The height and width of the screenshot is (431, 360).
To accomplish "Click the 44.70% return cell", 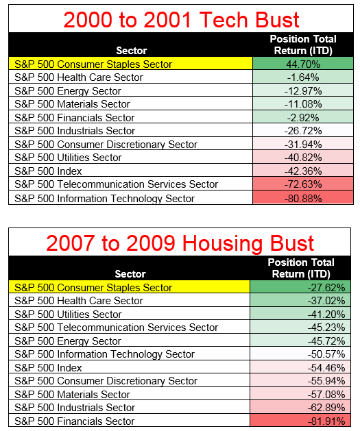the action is (x=303, y=64).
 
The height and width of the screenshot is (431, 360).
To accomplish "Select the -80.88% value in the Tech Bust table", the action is (x=303, y=198).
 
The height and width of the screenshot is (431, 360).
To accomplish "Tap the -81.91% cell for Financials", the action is (x=300, y=421).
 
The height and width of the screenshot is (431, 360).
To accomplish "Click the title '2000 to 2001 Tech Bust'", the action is (x=181, y=20).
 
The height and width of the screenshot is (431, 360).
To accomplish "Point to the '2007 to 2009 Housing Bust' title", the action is (x=180, y=243).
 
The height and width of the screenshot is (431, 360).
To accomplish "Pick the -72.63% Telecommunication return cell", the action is (x=303, y=184).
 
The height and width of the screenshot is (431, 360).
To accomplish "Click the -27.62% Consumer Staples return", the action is (x=300, y=287).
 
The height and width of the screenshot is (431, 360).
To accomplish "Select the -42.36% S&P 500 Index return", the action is (x=303, y=171).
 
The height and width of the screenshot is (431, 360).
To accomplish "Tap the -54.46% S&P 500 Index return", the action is (x=300, y=367).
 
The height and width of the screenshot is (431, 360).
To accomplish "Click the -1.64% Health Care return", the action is (x=303, y=77).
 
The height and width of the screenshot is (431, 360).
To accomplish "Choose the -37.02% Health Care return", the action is (x=300, y=300).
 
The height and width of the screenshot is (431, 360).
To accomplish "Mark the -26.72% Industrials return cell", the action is (x=303, y=130).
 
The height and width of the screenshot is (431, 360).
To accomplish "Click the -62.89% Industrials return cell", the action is (x=300, y=407).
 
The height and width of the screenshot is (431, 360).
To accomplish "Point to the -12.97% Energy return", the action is (x=303, y=90).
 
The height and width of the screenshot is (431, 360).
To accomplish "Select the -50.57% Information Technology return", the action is (x=300, y=354).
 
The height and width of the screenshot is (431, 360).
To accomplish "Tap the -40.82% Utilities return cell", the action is (x=303, y=157).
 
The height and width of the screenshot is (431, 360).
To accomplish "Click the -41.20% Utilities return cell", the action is (x=300, y=314).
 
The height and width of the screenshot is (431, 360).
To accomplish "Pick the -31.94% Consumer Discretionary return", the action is (x=303, y=144).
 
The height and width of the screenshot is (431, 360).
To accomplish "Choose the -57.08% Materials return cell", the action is (x=300, y=394).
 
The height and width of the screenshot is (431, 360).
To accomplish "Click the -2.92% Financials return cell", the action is (x=303, y=117).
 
